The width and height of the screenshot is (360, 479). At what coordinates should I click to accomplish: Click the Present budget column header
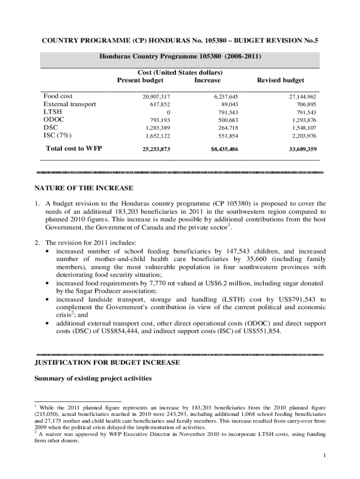point(140,80)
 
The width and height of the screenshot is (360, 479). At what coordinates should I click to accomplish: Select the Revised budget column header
point(281,80)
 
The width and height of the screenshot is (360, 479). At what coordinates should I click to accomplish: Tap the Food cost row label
point(58,96)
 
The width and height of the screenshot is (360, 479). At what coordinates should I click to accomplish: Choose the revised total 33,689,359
point(300,149)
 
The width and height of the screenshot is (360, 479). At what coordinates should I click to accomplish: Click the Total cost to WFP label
point(74,149)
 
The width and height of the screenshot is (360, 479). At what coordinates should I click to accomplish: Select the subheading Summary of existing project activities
point(93,379)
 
